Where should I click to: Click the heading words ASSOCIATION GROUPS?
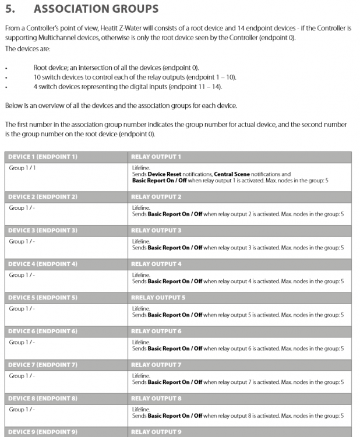coord(96,9)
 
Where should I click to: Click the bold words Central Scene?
coord(232,174)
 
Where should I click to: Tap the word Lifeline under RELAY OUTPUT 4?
coord(141,274)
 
